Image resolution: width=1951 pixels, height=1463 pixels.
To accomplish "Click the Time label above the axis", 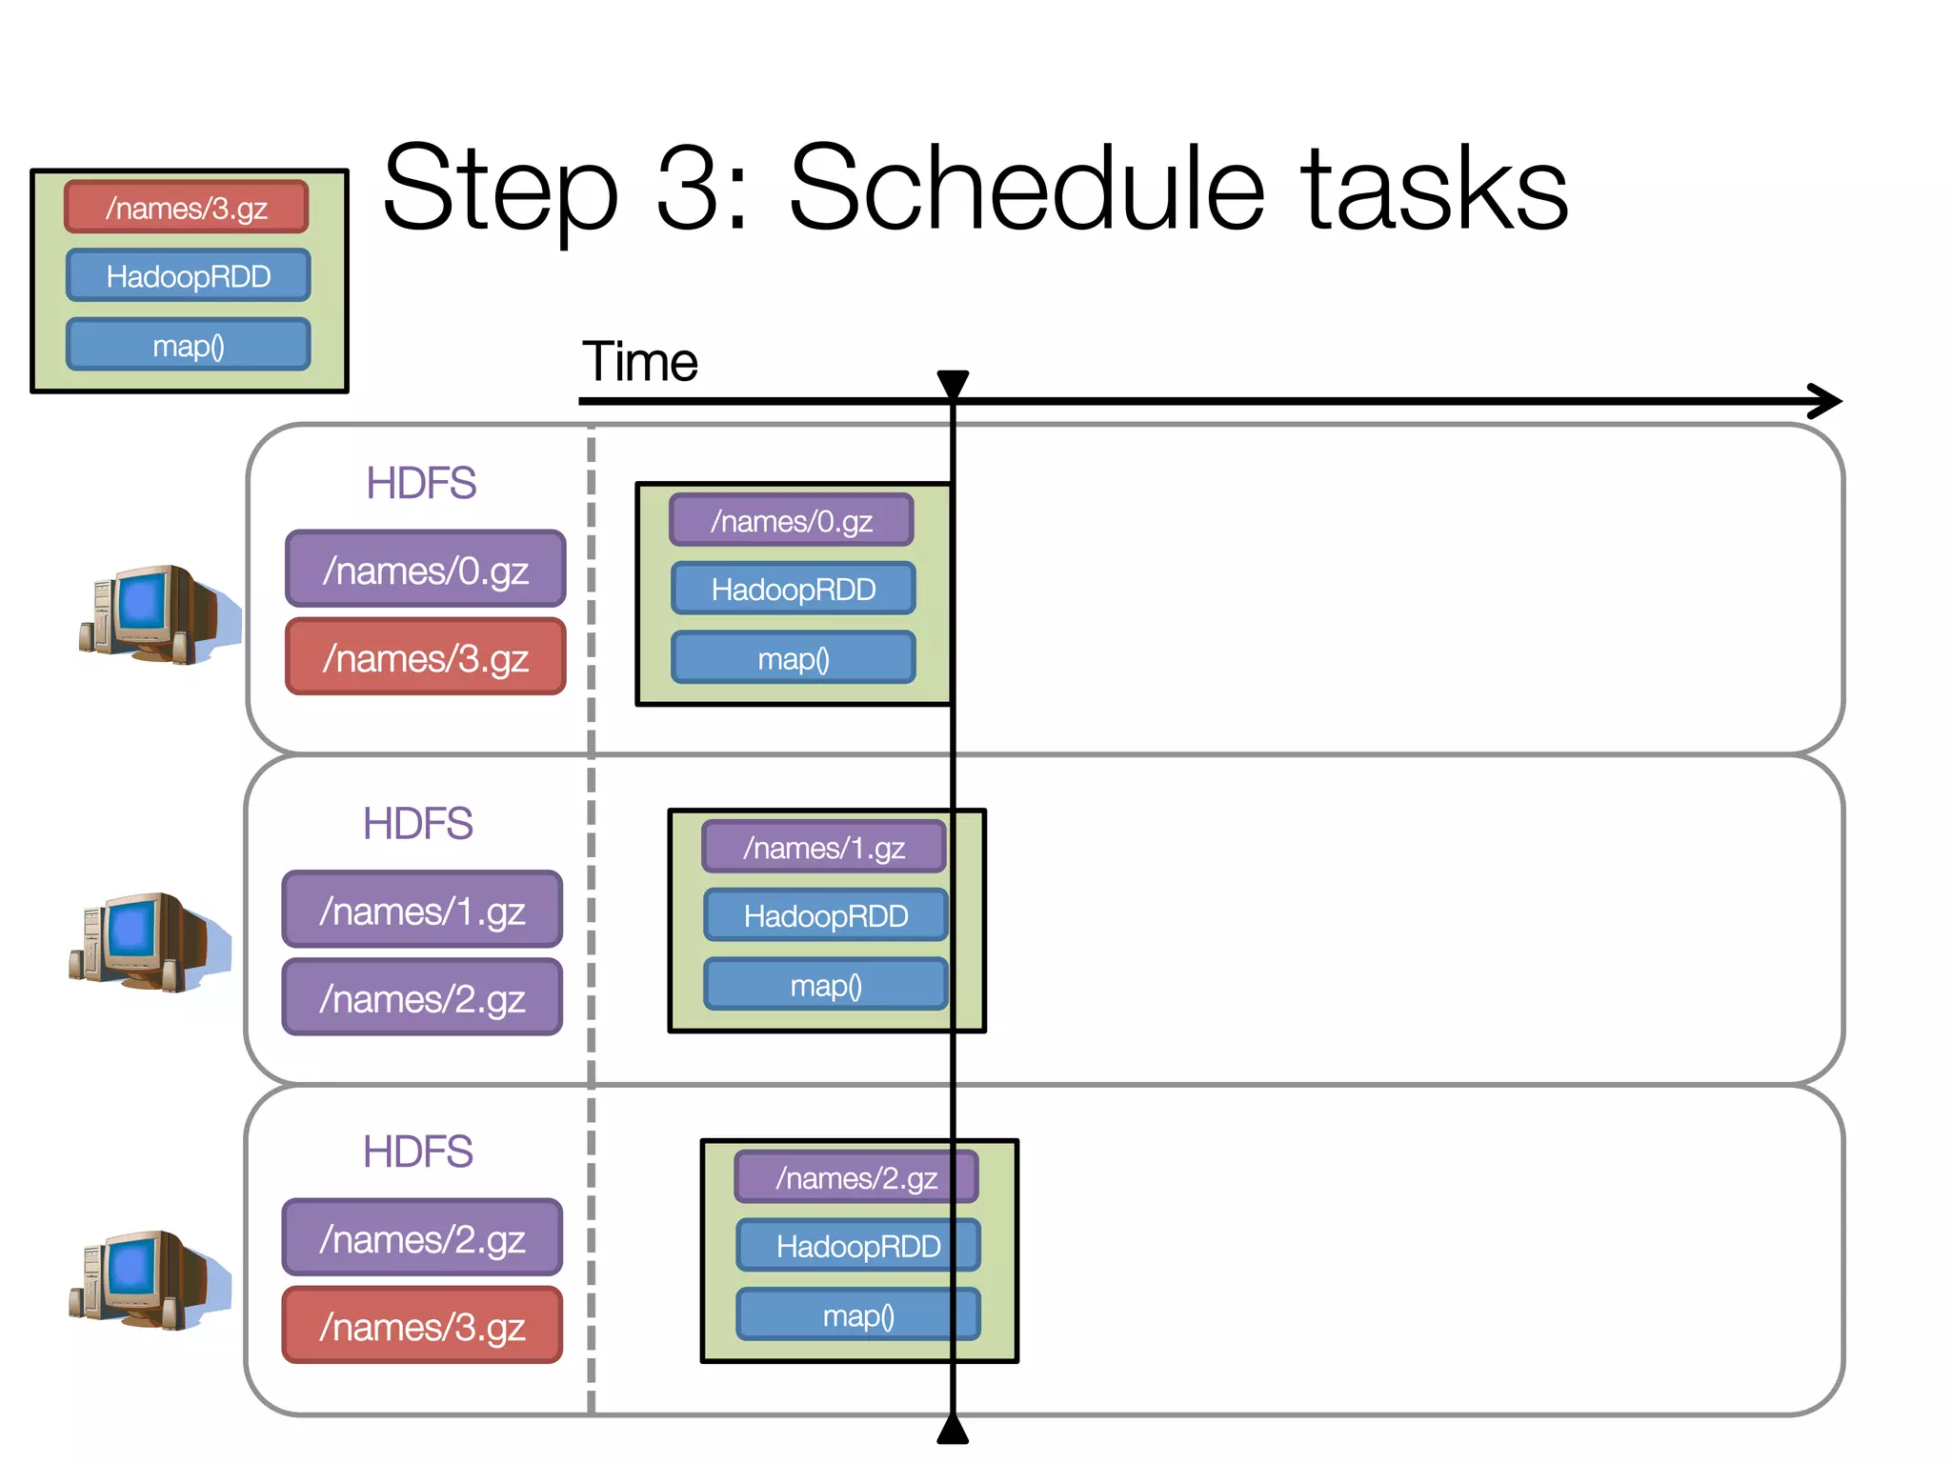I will click(640, 362).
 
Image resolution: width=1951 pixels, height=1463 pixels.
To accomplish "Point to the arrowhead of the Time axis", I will click(1827, 401).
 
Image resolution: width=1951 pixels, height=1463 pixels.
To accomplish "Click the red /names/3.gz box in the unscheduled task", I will click(187, 207).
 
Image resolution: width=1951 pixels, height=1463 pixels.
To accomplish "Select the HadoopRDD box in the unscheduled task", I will click(189, 276).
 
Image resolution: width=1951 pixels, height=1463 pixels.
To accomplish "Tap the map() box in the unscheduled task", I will click(189, 345).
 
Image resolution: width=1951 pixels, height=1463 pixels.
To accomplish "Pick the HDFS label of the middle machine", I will click(417, 824).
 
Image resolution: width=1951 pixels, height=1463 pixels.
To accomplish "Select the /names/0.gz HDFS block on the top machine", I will click(425, 570).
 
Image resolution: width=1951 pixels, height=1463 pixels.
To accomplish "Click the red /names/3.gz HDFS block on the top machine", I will click(425, 657).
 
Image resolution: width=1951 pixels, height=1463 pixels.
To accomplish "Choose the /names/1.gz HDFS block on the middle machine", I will click(422, 911).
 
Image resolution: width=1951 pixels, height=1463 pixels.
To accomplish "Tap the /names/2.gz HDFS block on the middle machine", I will click(422, 998).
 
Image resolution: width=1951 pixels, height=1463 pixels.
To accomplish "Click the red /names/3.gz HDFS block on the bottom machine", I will click(422, 1326).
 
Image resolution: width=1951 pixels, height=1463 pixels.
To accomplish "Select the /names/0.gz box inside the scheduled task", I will click(792, 520).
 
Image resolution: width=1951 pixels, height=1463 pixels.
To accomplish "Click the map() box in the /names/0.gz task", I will click(794, 658).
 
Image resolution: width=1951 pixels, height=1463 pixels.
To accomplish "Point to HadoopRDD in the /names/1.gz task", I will click(826, 915).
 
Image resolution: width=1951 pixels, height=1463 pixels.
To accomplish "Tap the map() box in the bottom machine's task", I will click(858, 1315).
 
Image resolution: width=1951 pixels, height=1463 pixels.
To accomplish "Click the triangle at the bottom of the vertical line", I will click(953, 1430).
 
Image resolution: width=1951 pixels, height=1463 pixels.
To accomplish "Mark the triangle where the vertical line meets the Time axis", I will click(953, 383).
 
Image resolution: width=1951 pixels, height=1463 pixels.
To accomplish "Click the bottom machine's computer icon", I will click(149, 1279).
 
